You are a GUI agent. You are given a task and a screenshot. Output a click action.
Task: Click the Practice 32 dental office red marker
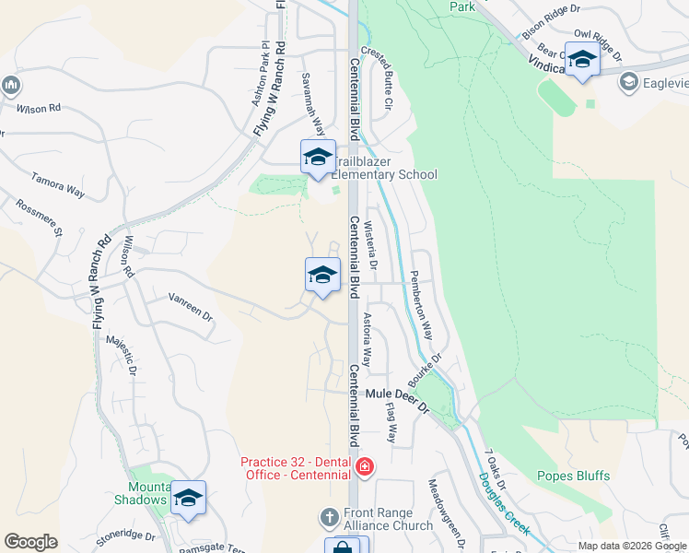click(x=365, y=466)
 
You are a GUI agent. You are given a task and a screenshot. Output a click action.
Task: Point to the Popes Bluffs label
click(x=573, y=476)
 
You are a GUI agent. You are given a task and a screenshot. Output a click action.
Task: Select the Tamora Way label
click(x=58, y=184)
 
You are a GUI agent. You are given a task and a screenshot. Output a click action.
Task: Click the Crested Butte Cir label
click(x=378, y=79)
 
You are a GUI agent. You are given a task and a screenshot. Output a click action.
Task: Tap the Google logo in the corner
click(x=30, y=542)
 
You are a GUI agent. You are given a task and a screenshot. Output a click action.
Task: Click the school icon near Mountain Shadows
click(x=188, y=499)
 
